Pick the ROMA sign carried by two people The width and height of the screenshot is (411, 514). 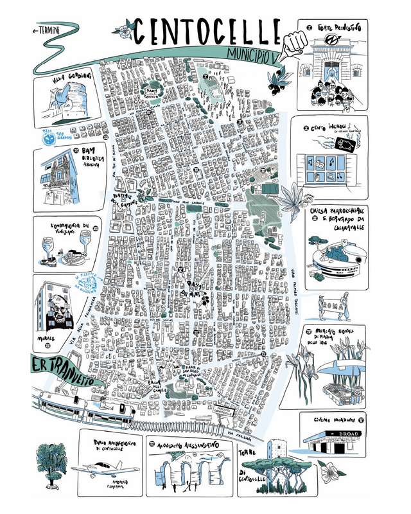point(337,303)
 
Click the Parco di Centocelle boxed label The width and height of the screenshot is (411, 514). point(235,412)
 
